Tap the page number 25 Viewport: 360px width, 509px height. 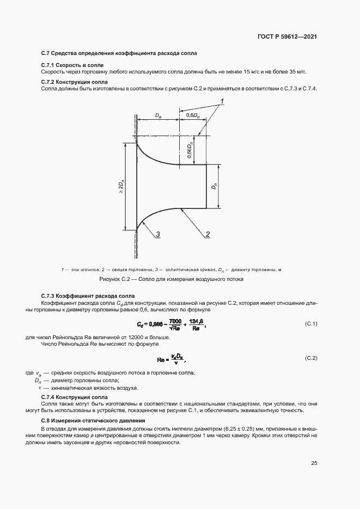pyautogui.click(x=314, y=463)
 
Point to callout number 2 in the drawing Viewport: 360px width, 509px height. pyautogui.click(x=208, y=234)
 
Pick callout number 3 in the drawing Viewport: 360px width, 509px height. pyautogui.click(x=157, y=234)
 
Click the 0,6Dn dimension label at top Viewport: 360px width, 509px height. pyautogui.click(x=192, y=115)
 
